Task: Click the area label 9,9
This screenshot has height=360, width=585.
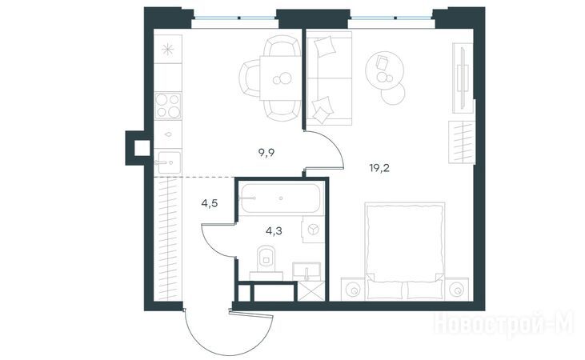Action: [x=266, y=153]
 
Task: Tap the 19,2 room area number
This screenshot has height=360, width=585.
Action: [x=379, y=168]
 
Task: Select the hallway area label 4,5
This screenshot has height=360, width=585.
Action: [x=210, y=204]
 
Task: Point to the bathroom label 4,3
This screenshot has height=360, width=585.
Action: [x=274, y=231]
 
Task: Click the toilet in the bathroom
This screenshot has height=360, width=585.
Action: [x=266, y=258]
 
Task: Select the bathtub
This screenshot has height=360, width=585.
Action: [x=280, y=198]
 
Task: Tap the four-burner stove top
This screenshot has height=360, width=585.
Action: [x=168, y=106]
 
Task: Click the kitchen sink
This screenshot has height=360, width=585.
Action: [x=168, y=162]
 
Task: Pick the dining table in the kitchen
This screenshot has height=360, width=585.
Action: [x=280, y=78]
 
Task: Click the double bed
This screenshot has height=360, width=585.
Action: [x=404, y=250]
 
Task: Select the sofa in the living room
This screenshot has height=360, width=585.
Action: [x=329, y=78]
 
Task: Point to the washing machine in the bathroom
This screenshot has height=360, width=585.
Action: [x=313, y=229]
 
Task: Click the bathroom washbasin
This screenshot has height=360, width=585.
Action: [x=307, y=271]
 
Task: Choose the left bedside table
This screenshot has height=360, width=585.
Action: [x=353, y=289]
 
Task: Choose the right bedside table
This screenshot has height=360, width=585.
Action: [x=457, y=289]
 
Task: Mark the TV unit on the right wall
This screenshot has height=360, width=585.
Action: [x=463, y=78]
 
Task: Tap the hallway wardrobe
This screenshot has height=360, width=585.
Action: [x=168, y=238]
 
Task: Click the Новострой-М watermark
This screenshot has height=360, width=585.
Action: [x=504, y=324]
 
